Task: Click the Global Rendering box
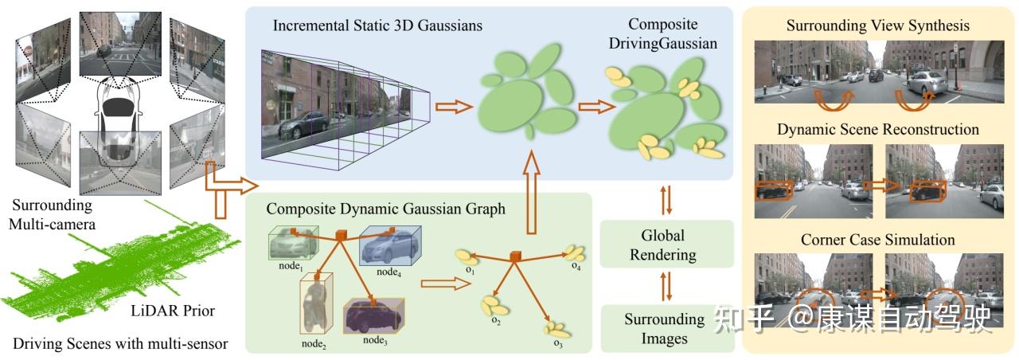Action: tap(669, 245)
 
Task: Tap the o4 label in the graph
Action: tap(574, 264)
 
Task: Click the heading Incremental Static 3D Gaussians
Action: tap(377, 25)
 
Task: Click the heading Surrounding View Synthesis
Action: tap(877, 25)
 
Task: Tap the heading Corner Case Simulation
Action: tap(877, 239)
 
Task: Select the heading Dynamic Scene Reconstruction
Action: tap(877, 129)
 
